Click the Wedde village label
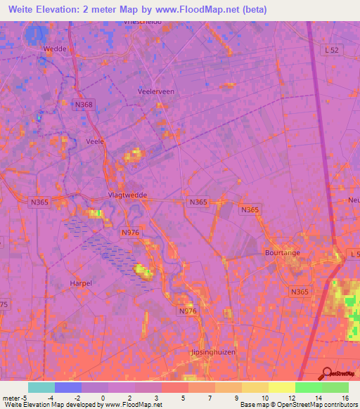pyautogui.click(x=56, y=49)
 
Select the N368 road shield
pyautogui.click(x=83, y=104)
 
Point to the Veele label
pyautogui.click(x=94, y=141)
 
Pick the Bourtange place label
pyautogui.click(x=282, y=252)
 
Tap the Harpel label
pyautogui.click(x=81, y=283)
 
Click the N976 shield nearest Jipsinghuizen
pyautogui.click(x=186, y=311)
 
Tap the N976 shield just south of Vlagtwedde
pyautogui.click(x=130, y=233)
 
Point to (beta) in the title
pyautogui.click(x=262, y=10)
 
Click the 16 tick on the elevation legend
pyautogui.click(x=345, y=397)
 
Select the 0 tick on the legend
pyautogui.click(x=103, y=397)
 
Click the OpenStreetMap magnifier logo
pyautogui.click(x=327, y=374)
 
